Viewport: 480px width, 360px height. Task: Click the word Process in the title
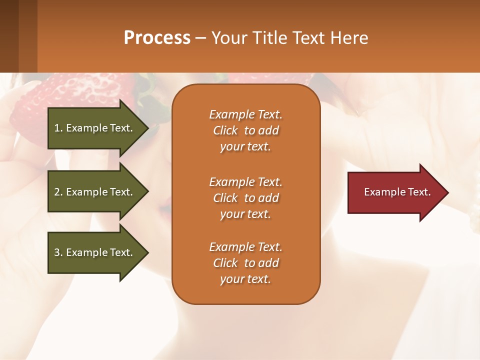[157, 38]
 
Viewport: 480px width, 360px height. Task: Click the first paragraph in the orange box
[245, 130]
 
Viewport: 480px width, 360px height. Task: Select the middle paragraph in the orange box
[245, 198]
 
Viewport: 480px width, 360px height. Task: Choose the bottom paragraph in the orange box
[245, 263]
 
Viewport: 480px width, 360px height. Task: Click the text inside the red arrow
[397, 192]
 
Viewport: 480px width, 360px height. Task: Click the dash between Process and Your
[200, 38]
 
